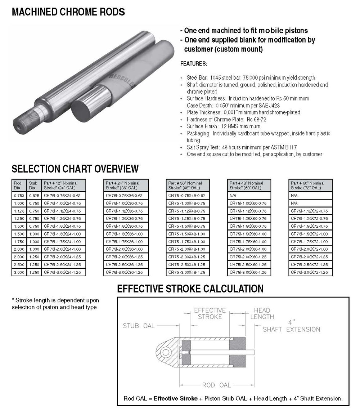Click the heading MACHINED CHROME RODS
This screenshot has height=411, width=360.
tap(68, 12)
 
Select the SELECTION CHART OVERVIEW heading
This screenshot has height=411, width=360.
tap(75, 168)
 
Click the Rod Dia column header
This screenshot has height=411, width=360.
tap(18, 186)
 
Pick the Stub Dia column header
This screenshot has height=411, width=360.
tap(33, 186)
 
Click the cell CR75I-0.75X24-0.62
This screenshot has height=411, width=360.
tap(62, 195)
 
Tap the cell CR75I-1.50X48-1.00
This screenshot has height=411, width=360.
tap(187, 234)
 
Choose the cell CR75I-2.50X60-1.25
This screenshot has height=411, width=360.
tap(248, 265)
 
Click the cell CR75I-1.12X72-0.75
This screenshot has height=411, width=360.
tap(309, 211)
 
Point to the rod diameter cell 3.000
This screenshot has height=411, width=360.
tap(19, 272)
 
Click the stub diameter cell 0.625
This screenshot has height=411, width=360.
tap(34, 195)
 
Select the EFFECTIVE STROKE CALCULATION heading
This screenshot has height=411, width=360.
tap(190, 289)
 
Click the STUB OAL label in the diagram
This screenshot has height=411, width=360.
tap(139, 326)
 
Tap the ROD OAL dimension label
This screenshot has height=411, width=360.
tap(216, 385)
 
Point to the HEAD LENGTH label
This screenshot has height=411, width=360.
tap(262, 313)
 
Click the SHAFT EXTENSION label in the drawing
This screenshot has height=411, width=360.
tap(291, 329)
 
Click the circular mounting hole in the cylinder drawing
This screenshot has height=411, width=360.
tap(166, 352)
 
